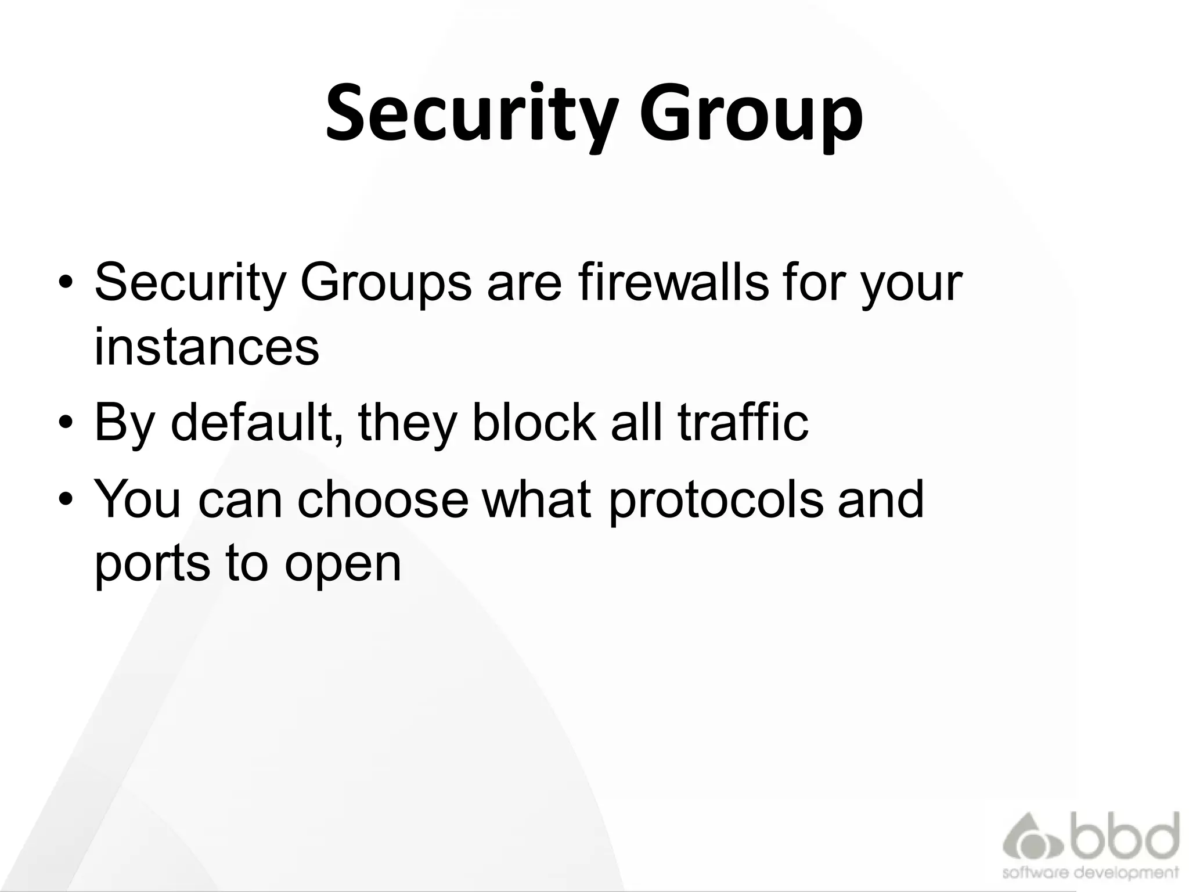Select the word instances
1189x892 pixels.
[x=207, y=347]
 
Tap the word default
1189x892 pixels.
[x=255, y=422]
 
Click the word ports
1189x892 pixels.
[x=152, y=564]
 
